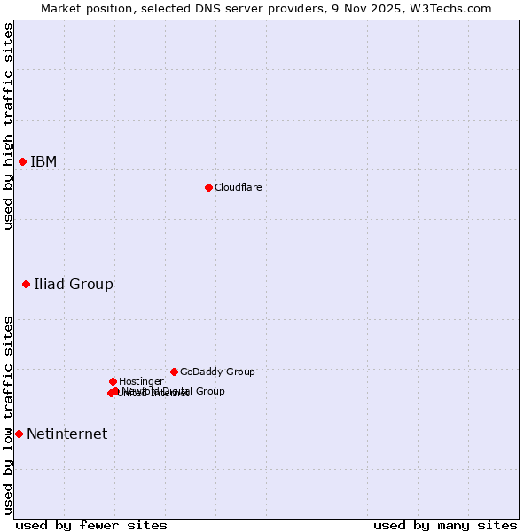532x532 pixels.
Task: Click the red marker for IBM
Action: [x=22, y=161]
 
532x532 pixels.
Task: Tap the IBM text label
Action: [x=43, y=161]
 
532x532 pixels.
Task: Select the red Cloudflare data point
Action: [x=208, y=187]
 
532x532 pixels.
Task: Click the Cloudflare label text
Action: [x=238, y=187]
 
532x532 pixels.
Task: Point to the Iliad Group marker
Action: [x=26, y=285]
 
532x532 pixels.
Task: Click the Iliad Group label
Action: [x=74, y=285]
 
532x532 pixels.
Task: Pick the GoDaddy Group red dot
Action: [x=174, y=372]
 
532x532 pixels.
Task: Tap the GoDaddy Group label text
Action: [x=217, y=372]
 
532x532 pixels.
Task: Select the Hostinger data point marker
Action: [x=113, y=381]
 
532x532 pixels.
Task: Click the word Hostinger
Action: [x=141, y=381]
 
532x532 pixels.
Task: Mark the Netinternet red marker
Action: [x=19, y=434]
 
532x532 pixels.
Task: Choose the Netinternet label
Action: [x=66, y=434]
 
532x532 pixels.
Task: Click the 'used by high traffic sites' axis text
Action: [x=8, y=126]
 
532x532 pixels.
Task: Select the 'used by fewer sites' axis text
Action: [x=91, y=525]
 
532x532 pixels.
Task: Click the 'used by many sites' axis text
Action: [x=445, y=525]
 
